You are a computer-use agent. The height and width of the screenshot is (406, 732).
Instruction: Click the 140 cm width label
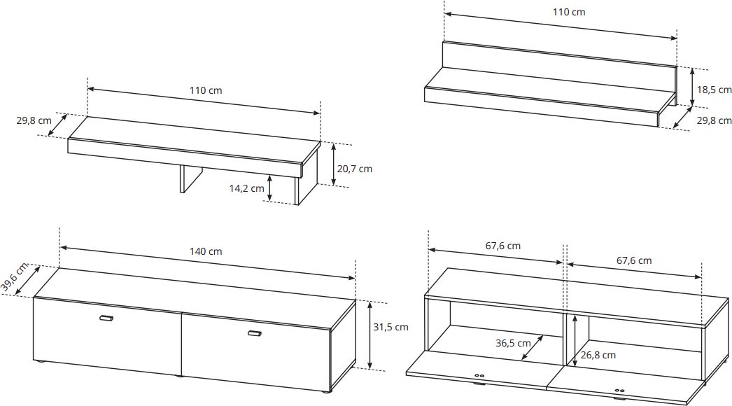tap(206, 251)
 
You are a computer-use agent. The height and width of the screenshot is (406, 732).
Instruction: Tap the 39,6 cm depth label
tap(15, 277)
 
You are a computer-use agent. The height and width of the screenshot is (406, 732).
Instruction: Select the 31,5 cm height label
tap(390, 327)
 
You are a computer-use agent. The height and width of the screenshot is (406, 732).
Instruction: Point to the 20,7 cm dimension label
tap(355, 169)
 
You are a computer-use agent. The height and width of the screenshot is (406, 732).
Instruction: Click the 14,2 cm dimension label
tap(246, 188)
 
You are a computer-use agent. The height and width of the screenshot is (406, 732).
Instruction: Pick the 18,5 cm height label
tap(715, 90)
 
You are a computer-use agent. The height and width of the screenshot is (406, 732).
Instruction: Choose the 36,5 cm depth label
tap(513, 344)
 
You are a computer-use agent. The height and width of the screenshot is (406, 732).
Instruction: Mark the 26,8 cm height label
tap(598, 355)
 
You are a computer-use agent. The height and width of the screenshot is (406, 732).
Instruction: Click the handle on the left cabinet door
tap(106, 318)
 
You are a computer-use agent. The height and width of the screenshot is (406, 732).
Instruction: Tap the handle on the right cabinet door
tap(255, 333)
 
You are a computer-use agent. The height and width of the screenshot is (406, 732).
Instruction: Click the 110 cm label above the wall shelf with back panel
tap(569, 12)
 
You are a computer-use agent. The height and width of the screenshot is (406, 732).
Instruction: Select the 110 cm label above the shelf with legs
tap(206, 90)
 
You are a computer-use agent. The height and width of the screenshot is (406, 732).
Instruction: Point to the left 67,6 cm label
tap(502, 246)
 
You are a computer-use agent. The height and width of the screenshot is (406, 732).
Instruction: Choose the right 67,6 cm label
tap(634, 260)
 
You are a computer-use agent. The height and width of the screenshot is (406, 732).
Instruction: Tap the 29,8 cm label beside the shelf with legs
tap(34, 120)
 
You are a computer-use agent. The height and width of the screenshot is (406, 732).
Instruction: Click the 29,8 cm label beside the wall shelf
tap(715, 120)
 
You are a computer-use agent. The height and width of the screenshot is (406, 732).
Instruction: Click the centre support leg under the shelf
tap(190, 178)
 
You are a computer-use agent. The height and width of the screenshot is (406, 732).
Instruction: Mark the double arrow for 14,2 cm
tap(269, 188)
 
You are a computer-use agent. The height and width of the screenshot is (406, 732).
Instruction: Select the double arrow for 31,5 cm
tap(369, 335)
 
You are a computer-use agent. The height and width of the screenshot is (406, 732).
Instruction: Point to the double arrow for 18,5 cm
tap(692, 87)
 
